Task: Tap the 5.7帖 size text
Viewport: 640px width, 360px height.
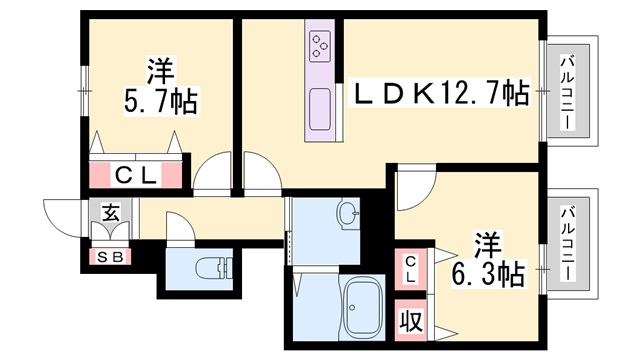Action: pos(160,102)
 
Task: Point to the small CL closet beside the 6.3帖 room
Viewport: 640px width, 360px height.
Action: pos(411,268)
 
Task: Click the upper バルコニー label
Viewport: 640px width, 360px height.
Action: pos(567,92)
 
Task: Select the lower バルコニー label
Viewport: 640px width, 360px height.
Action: pos(567,244)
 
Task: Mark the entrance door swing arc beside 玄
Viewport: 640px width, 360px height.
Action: pos(60,213)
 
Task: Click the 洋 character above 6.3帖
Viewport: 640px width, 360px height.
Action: pos(487,244)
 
